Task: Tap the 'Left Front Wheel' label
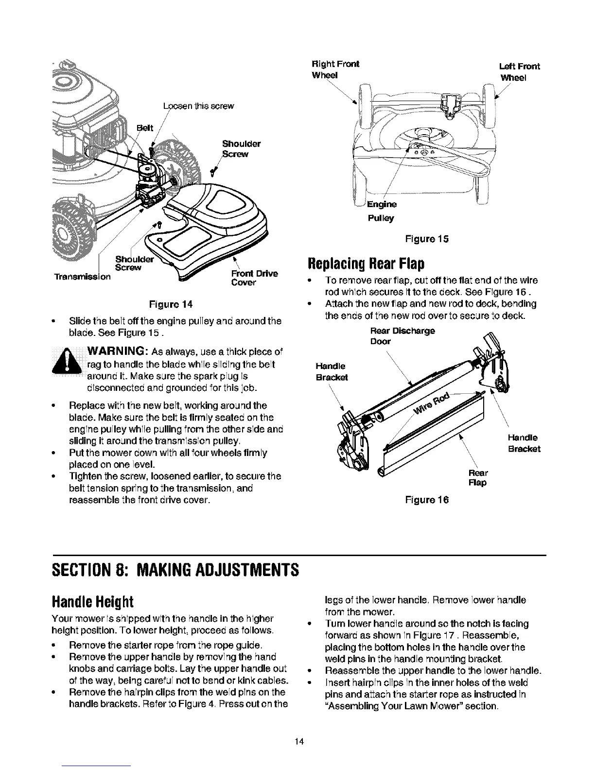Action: (x=519, y=72)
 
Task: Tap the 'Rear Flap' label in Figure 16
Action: (x=479, y=477)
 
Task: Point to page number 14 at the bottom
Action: (x=298, y=741)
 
